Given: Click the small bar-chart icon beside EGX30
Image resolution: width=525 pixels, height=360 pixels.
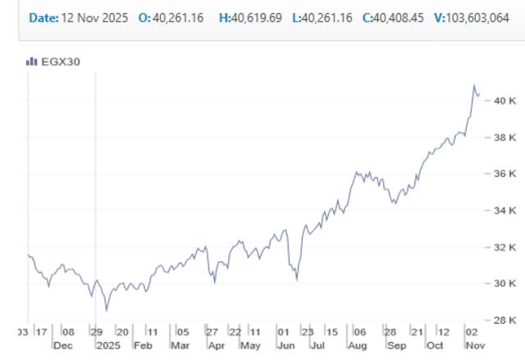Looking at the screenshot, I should coord(32,61).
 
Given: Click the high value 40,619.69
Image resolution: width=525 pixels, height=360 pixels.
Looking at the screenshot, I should coord(257,17).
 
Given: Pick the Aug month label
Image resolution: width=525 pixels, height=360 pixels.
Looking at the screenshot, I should coord(357,345).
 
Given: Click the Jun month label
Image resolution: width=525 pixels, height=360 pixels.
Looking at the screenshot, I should coord(285,345).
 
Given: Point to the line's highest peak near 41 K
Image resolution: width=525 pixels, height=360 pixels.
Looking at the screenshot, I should coord(474,85).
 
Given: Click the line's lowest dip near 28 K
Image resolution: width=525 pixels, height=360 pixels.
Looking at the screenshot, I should coord(106,311).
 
